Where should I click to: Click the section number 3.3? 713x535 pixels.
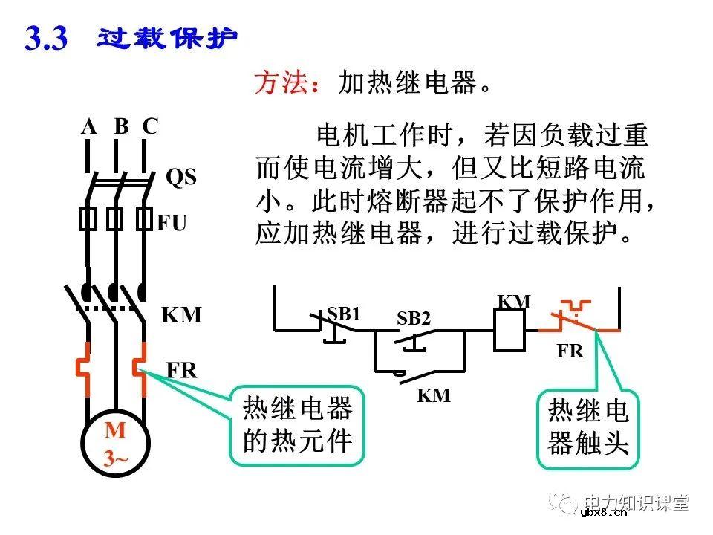pyautogui.click(x=47, y=38)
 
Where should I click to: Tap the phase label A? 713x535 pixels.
pyautogui.click(x=89, y=126)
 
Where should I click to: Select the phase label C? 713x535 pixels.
pyautogui.click(x=150, y=126)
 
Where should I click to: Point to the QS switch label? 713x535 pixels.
pyautogui.click(x=180, y=178)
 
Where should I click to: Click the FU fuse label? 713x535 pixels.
pyautogui.click(x=172, y=223)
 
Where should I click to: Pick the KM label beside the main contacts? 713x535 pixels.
pyautogui.click(x=182, y=315)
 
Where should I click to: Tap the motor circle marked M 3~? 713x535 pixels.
pyautogui.click(x=115, y=444)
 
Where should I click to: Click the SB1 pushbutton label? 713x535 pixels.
pyautogui.click(x=344, y=314)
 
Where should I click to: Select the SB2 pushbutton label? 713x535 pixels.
pyautogui.click(x=414, y=319)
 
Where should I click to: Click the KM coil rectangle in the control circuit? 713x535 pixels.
pyautogui.click(x=509, y=330)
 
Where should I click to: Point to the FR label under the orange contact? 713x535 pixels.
pyautogui.click(x=570, y=351)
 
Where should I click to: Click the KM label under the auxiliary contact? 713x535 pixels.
pyautogui.click(x=434, y=395)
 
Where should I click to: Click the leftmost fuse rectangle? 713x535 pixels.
pyautogui.click(x=88, y=218)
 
